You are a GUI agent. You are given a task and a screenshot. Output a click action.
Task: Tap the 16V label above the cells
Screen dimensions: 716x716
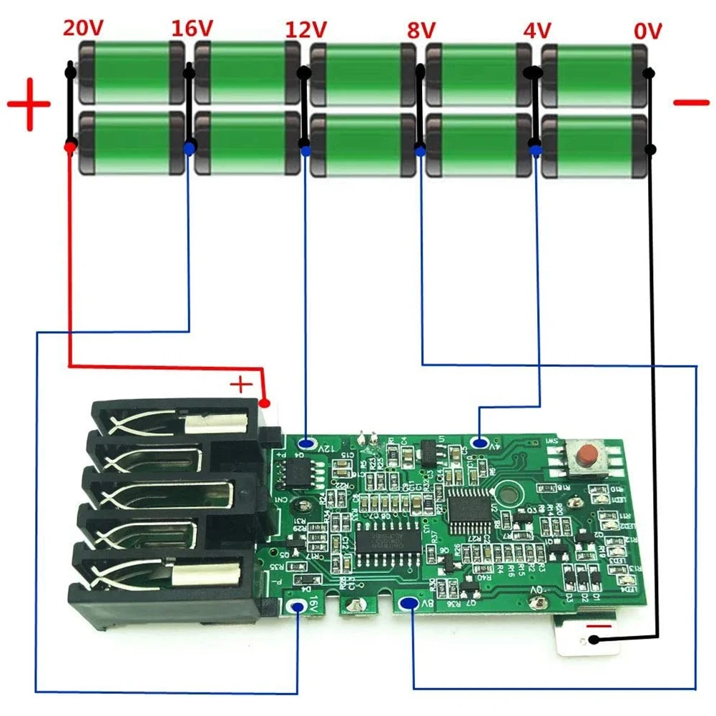pyautogui.click(x=192, y=29)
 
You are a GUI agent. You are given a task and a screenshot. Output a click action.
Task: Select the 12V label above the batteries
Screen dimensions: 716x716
pyautogui.click(x=306, y=29)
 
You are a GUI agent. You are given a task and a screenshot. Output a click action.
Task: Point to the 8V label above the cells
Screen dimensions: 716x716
pyautogui.click(x=421, y=30)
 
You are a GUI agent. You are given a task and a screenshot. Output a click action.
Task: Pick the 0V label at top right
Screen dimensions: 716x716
pyautogui.click(x=648, y=31)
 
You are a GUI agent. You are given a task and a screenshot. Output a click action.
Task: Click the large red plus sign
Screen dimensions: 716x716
pyautogui.click(x=29, y=104)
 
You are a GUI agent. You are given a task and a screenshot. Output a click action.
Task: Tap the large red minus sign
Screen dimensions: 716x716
pyautogui.click(x=691, y=102)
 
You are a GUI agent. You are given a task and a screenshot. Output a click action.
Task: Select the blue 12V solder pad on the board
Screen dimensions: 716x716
pyautogui.click(x=307, y=444)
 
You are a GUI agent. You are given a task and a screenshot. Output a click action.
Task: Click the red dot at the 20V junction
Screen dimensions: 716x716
pyautogui.click(x=69, y=147)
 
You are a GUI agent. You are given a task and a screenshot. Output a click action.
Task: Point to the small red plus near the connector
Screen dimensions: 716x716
pyautogui.click(x=242, y=385)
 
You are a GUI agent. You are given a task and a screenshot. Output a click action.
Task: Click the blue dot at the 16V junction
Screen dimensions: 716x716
pyautogui.click(x=189, y=148)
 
